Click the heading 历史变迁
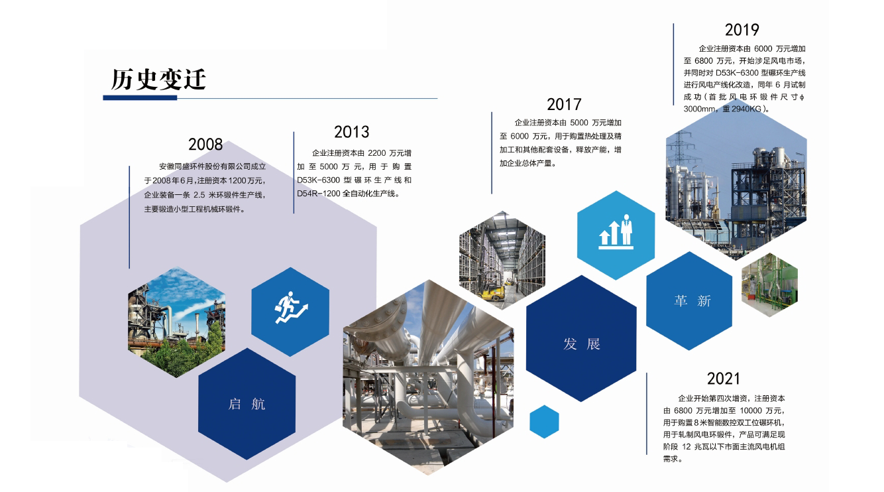point(158,80)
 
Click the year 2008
point(205,145)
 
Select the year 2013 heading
point(351,132)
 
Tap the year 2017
point(564,105)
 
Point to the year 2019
point(742,30)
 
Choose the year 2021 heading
point(724,379)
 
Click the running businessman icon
point(292,308)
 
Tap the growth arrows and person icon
point(616,232)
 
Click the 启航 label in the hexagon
point(247,404)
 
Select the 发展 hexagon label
point(582,344)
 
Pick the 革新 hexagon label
point(692,301)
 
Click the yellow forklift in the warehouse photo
point(492,286)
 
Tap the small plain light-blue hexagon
point(544,422)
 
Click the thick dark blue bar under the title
point(140,97)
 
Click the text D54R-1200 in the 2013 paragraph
point(319,194)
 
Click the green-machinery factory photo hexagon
point(769,285)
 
